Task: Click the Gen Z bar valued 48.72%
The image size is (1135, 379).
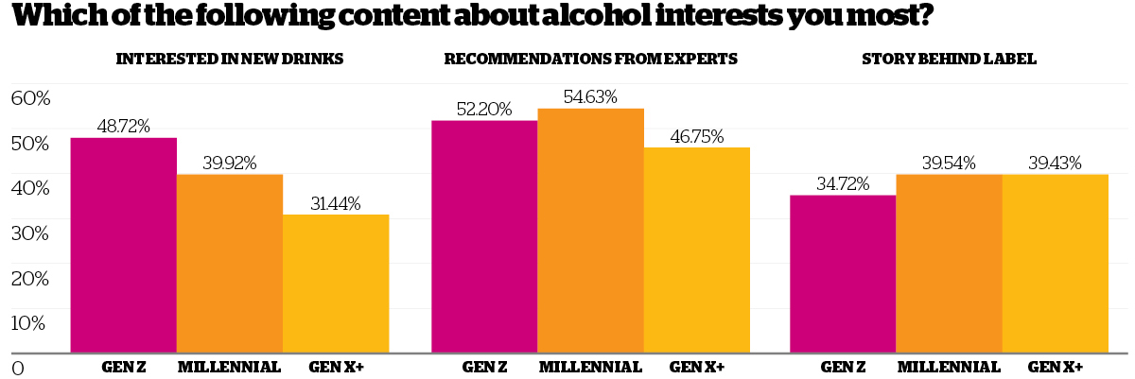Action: pos(124,246)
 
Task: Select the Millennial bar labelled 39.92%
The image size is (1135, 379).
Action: pos(230,264)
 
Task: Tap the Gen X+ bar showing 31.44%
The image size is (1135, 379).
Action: pos(336,284)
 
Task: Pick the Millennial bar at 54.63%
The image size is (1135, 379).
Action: pos(591,231)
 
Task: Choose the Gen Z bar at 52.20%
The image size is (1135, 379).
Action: pos(484,236)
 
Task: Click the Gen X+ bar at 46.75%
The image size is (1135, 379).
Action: pos(697,250)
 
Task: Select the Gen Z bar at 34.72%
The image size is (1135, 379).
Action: pos(843,274)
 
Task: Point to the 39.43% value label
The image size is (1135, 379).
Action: pos(1056,163)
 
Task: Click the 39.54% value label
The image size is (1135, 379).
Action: pos(949,163)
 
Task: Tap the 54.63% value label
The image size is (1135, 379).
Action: pos(591,96)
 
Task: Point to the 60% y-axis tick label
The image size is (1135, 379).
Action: pos(30,98)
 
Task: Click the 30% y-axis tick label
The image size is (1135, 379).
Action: pos(30,233)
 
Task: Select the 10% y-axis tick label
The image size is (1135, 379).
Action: pos(30,322)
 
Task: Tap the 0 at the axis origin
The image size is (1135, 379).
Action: pos(17,367)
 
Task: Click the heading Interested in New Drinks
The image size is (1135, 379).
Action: pos(229,59)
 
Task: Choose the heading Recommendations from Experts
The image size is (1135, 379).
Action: pos(590,59)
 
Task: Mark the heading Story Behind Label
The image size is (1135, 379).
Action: pos(949,59)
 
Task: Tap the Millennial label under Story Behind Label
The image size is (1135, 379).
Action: pos(949,367)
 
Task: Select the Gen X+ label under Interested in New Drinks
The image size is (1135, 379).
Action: pos(337,367)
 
